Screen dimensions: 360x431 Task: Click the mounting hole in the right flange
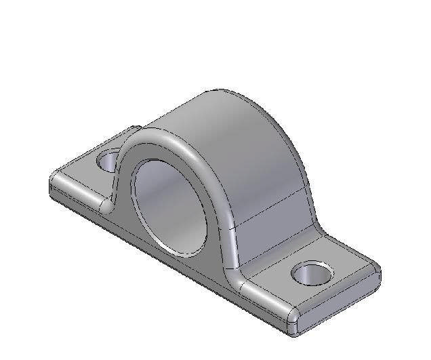312,273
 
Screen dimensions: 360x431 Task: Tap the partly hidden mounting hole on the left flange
108,162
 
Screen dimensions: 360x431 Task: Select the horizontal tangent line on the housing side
271,206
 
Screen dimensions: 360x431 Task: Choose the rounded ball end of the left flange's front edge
106,205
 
